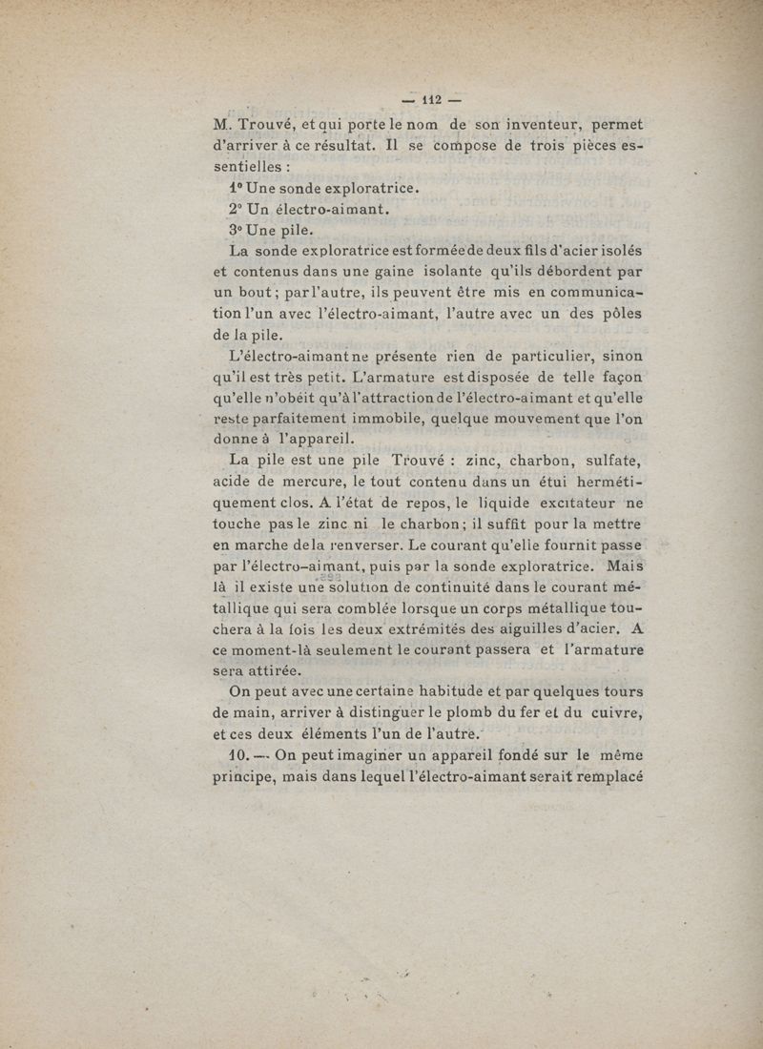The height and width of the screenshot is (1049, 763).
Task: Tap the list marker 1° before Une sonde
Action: point(236,188)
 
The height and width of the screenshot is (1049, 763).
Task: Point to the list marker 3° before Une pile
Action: point(236,230)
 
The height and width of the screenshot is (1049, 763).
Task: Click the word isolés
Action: point(615,251)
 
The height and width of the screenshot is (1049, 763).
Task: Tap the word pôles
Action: point(620,314)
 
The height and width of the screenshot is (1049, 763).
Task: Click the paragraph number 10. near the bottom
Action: point(236,755)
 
